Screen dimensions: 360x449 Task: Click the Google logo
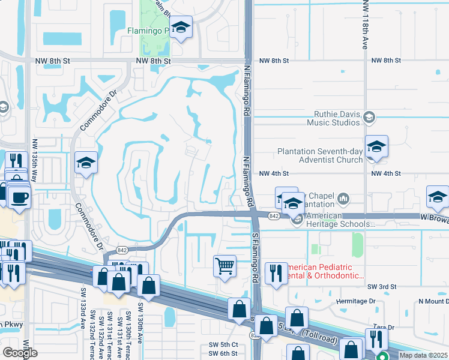[x=20, y=353]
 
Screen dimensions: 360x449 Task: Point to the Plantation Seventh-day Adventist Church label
[x=320, y=156]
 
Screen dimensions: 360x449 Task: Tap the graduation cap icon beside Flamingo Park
[x=180, y=27]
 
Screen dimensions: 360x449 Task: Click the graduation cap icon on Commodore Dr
[x=86, y=162]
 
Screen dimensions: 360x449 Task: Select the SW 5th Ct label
[x=223, y=344]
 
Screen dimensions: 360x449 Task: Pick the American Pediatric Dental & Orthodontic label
[x=324, y=272]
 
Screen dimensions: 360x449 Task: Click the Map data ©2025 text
[x=423, y=355]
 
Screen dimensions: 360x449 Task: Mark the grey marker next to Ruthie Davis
[x=369, y=118]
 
